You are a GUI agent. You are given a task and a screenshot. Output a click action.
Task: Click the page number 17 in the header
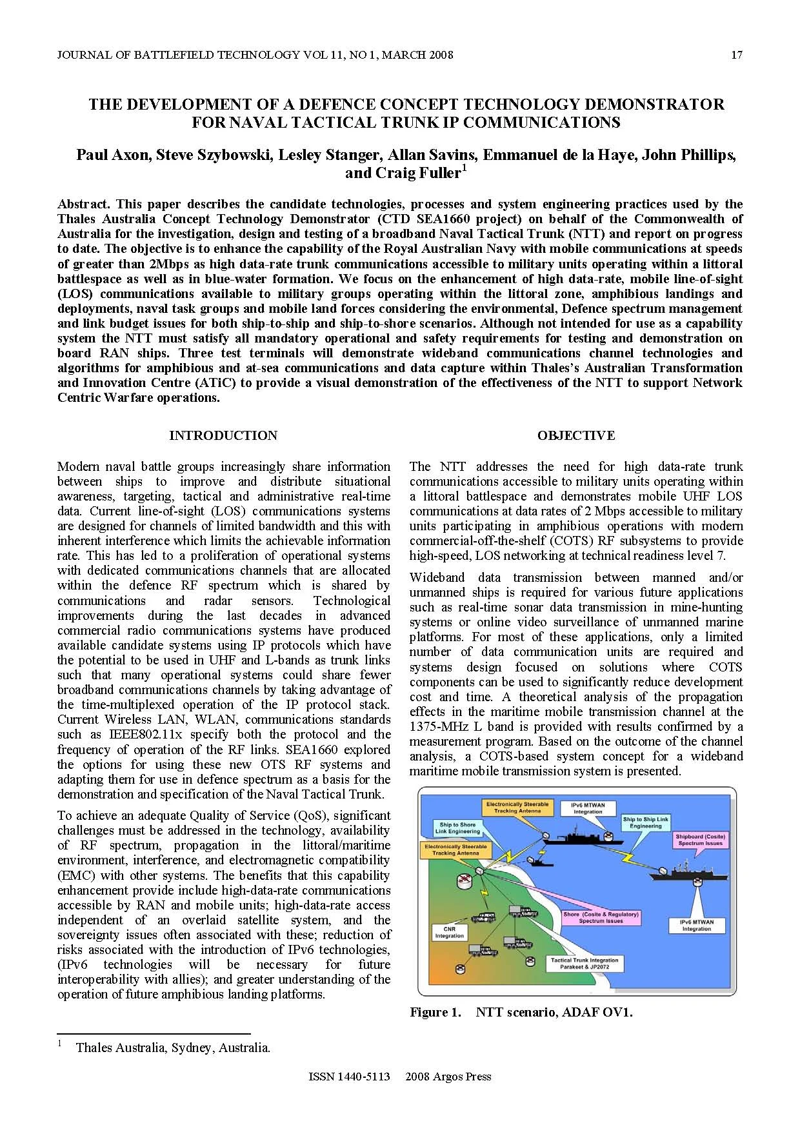click(x=736, y=55)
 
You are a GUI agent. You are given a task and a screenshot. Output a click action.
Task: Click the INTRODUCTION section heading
click(x=223, y=435)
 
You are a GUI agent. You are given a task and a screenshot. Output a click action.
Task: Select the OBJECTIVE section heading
click(x=575, y=435)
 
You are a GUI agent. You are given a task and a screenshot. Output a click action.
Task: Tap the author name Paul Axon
click(x=112, y=155)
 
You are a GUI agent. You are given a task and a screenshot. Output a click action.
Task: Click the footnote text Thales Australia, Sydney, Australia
click(x=173, y=1048)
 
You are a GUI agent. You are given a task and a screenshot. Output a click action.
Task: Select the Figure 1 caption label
click(x=435, y=1012)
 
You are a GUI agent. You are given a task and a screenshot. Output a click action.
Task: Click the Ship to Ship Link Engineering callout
click(x=645, y=822)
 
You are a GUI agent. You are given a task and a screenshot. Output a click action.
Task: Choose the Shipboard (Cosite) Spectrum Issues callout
click(x=700, y=840)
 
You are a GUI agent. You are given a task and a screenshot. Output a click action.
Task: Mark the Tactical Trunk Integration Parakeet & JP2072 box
click(x=584, y=963)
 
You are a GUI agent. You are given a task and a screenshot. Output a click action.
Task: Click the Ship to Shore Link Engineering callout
click(x=457, y=828)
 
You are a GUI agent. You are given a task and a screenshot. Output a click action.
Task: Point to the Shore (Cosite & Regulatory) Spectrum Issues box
click(x=600, y=917)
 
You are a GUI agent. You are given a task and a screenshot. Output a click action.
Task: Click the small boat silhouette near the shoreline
click(x=536, y=860)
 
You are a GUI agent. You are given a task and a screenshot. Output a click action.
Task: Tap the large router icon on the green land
click(x=479, y=872)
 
